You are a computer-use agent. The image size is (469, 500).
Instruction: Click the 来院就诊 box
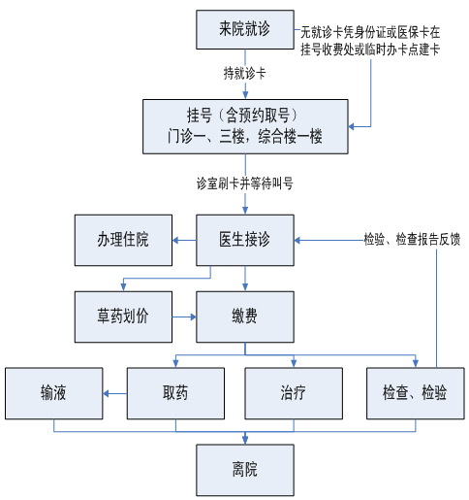(x=245, y=29)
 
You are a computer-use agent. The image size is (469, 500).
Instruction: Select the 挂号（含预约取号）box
(x=245, y=126)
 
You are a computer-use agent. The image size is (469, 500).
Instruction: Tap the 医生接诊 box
(x=245, y=240)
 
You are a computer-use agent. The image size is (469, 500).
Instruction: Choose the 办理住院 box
(x=123, y=240)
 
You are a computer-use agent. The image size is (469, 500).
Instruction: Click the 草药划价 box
(x=123, y=317)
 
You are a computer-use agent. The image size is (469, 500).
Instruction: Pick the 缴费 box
(x=245, y=317)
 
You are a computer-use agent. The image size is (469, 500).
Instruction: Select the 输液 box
(x=54, y=393)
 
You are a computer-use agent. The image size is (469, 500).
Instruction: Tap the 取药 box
(x=175, y=393)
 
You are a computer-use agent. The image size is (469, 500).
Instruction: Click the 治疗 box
(x=294, y=393)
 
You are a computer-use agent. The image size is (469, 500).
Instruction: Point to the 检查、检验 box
(x=416, y=393)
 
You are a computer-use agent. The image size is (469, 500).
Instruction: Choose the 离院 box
(x=245, y=470)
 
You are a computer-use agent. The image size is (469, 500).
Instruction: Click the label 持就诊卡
(x=245, y=74)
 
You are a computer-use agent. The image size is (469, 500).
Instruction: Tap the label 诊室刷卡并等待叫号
(x=245, y=183)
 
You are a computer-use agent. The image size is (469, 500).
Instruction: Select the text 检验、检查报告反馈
(x=412, y=240)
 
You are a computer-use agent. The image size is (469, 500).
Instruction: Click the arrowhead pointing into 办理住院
(x=175, y=240)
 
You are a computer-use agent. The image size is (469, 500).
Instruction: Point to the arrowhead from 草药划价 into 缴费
(x=193, y=317)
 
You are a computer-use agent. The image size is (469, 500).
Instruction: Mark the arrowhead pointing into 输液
(x=106, y=393)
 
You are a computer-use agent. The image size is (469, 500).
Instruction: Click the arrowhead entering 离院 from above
(x=245, y=441)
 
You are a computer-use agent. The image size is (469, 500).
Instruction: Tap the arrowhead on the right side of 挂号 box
(x=352, y=126)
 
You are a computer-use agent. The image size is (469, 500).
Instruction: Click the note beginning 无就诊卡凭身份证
(x=370, y=41)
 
